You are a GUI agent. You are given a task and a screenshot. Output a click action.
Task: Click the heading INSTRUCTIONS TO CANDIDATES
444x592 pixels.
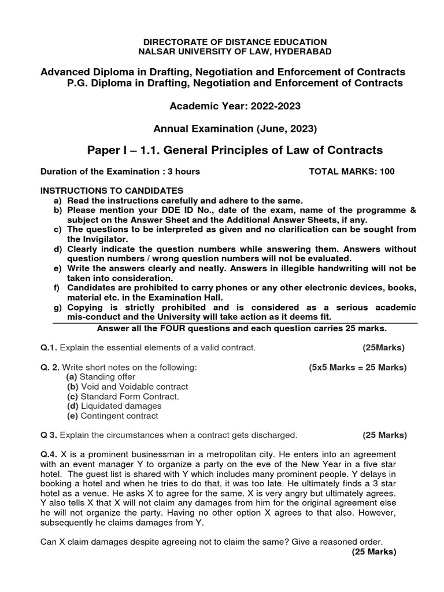click(111, 190)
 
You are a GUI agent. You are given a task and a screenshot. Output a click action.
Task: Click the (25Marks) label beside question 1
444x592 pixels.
click(384, 347)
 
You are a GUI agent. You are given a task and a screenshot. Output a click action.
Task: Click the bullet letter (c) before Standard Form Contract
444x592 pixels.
click(72, 397)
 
